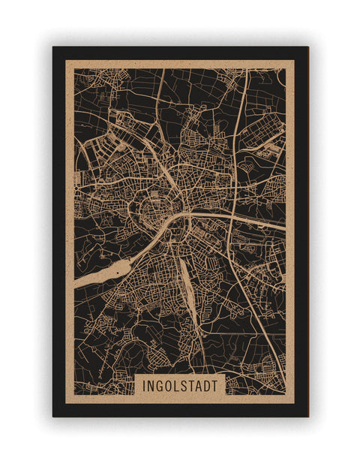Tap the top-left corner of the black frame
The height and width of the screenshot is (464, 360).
point(53,47)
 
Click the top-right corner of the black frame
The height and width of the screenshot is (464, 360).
point(307,47)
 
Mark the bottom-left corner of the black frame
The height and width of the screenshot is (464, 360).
point(53,416)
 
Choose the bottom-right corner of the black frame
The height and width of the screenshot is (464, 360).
point(307,416)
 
